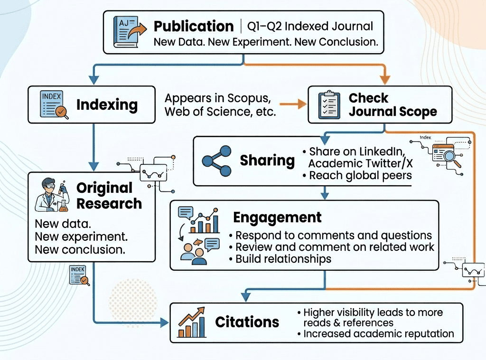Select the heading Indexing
tap(107, 104)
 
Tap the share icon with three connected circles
tap(216, 161)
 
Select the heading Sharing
tap(267, 161)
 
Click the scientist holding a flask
tap(52, 195)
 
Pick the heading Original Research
tap(109, 196)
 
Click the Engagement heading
tap(277, 218)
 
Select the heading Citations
tap(247, 322)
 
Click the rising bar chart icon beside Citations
tap(192, 322)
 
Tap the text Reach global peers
tap(360, 175)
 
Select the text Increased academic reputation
tap(379, 333)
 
